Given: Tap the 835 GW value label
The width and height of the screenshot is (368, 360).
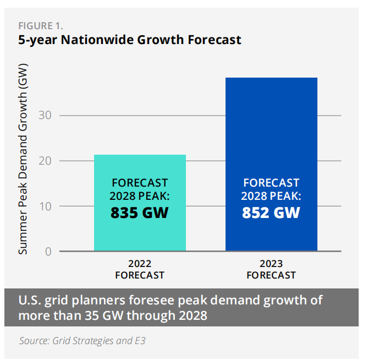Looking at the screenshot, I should (140, 212).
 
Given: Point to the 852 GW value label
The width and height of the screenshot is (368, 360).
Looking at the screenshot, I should (271, 212).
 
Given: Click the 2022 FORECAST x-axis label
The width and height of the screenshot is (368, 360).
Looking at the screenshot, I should (140, 269).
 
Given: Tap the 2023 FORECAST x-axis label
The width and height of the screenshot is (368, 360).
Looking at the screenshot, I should (271, 269).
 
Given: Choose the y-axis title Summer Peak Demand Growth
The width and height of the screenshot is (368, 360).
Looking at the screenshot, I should (23, 159).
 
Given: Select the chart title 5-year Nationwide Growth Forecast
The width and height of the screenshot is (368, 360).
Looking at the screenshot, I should (130, 40).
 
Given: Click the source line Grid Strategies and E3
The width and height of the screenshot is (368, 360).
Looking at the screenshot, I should (83, 341).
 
